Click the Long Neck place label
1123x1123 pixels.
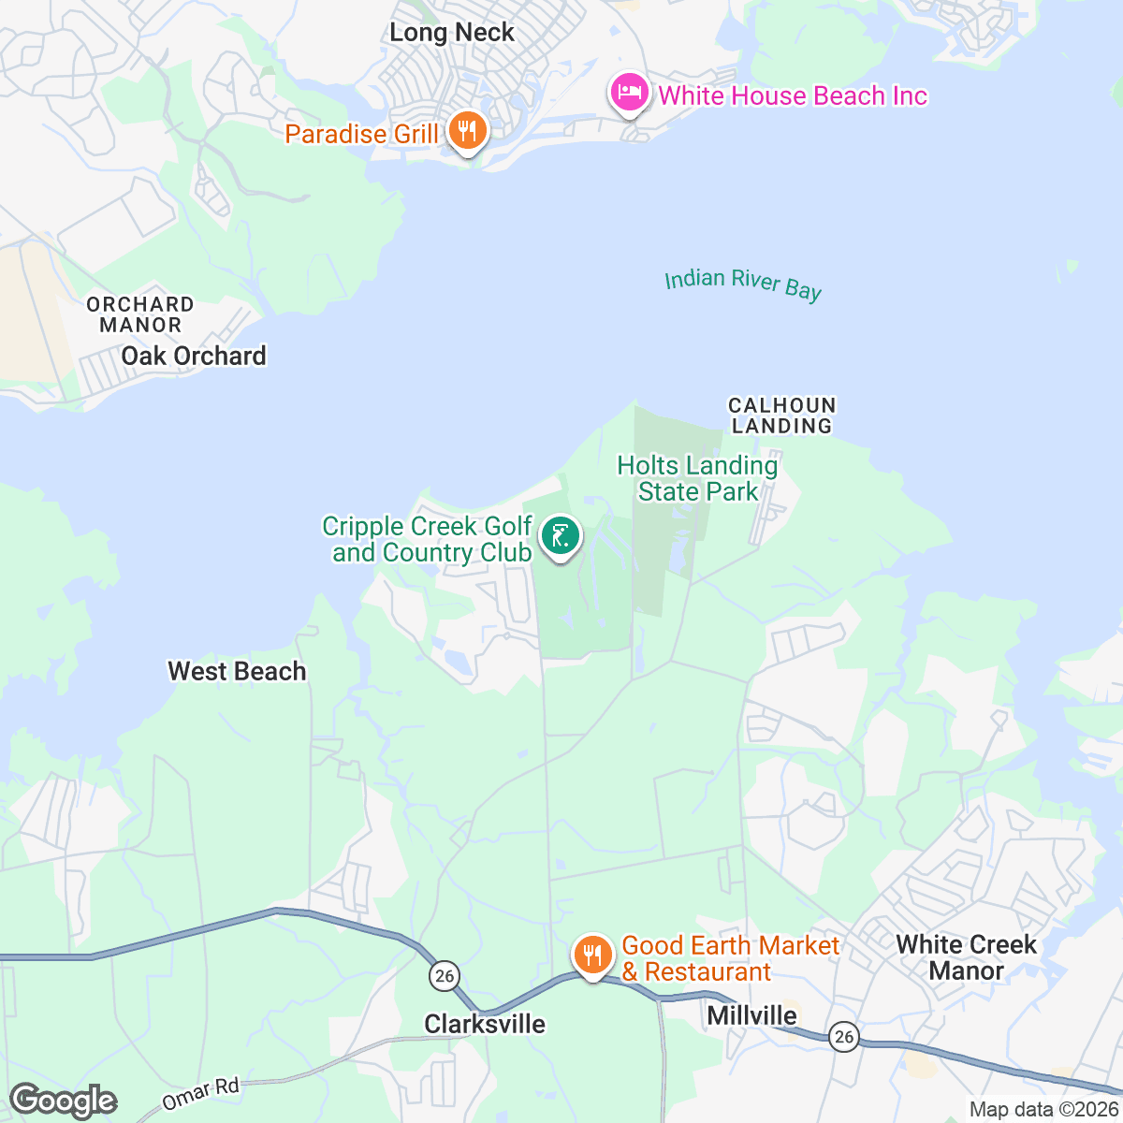point(452,33)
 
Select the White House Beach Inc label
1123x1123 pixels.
point(793,95)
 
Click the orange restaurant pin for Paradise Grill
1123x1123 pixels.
point(465,130)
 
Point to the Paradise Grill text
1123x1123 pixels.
point(361,134)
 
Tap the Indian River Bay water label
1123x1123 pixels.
point(743,284)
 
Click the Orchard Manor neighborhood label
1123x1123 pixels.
point(140,314)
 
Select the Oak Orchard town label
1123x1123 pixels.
point(194,356)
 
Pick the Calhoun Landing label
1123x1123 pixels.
point(781,416)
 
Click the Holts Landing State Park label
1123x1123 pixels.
point(698,478)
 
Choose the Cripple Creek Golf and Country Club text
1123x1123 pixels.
point(428,540)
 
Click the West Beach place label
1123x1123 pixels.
point(237,671)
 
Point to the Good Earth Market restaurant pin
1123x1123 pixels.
point(592,955)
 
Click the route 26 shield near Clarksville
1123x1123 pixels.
point(444,976)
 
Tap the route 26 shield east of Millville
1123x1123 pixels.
point(844,1036)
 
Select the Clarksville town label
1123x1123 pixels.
point(485,1024)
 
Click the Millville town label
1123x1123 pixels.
point(751,1015)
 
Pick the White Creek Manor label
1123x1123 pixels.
point(966,957)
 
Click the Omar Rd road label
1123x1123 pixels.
point(200,1092)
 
